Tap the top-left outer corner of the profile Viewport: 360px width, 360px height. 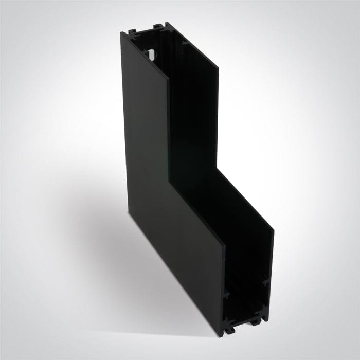[x=122, y=33]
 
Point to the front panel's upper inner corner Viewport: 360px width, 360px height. [x=168, y=80]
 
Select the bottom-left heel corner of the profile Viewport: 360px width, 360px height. [x=128, y=212]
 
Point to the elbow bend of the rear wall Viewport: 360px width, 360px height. [x=218, y=170]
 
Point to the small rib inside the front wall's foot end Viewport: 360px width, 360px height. [x=226, y=295]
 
